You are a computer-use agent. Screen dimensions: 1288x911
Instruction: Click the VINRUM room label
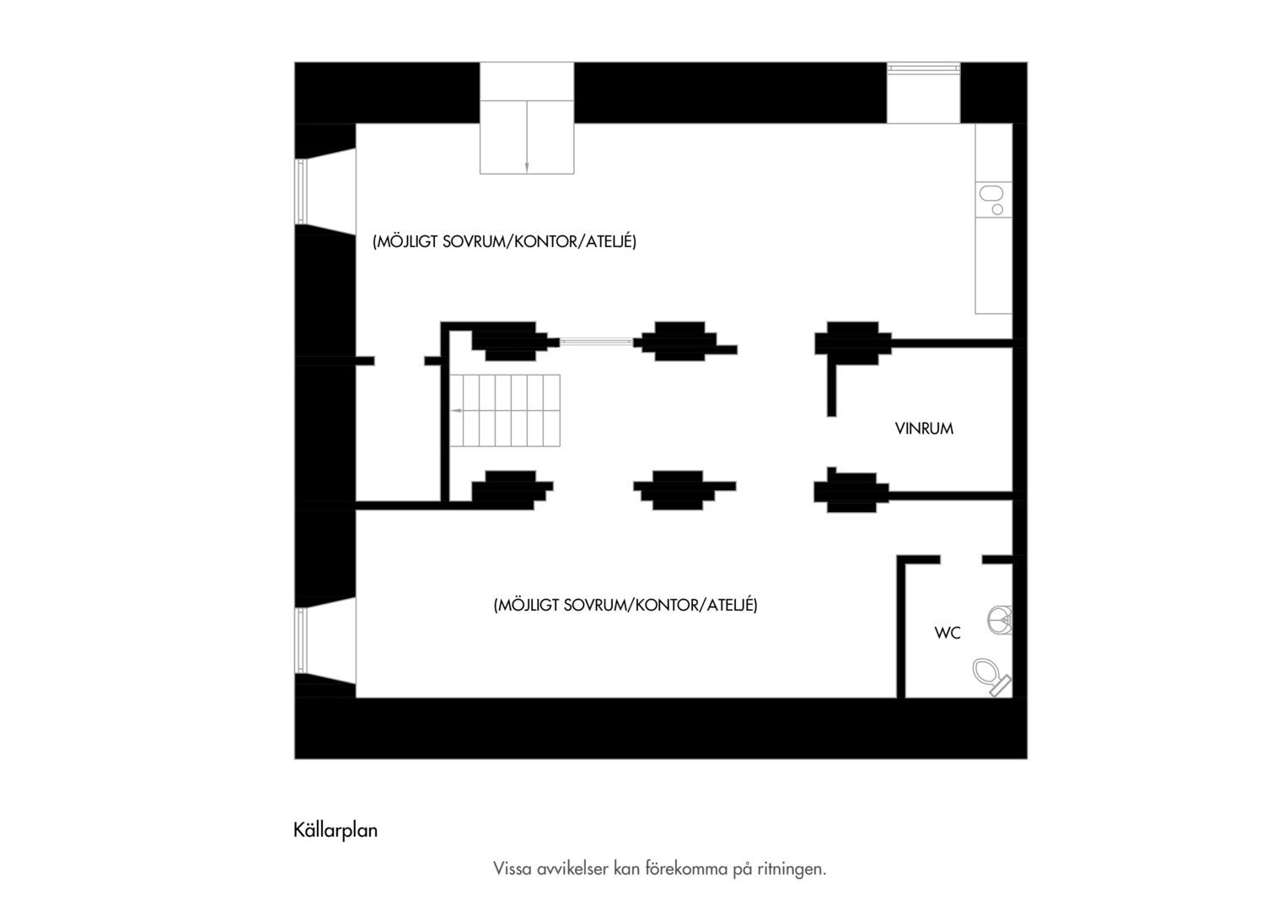click(924, 429)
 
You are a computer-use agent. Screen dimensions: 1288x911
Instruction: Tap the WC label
click(947, 633)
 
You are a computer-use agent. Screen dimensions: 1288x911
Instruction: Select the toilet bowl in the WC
click(991, 677)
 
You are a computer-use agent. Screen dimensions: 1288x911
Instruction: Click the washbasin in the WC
click(1000, 620)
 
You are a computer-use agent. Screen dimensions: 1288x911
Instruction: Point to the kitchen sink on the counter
click(993, 199)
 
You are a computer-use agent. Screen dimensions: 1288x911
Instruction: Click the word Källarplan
click(335, 830)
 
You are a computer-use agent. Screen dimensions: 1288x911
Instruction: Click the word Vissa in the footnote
click(513, 869)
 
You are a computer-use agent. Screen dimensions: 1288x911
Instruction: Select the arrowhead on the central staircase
click(456, 410)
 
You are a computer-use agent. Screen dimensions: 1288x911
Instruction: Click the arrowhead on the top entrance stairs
click(527, 167)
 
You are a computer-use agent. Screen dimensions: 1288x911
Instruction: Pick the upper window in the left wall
click(301, 191)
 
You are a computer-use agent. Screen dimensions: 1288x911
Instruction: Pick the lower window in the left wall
click(301, 640)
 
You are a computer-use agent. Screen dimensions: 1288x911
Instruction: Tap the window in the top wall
click(923, 68)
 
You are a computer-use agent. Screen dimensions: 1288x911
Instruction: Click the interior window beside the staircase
click(596, 342)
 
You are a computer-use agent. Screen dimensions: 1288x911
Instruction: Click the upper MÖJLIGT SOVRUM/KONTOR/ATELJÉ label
click(504, 242)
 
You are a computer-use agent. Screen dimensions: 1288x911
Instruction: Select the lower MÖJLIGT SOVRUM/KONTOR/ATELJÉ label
click(625, 605)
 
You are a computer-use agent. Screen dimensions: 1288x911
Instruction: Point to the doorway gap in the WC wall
click(961, 559)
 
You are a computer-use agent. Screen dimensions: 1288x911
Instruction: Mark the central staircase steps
click(505, 410)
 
